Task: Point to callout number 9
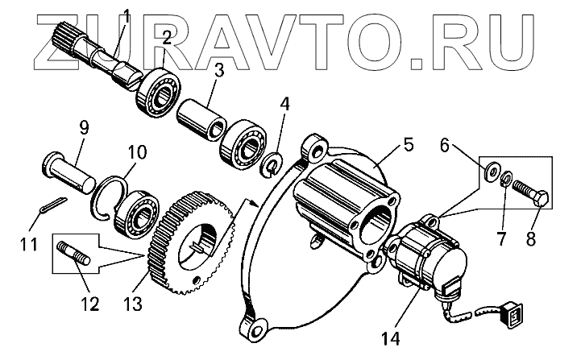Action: pyautogui.click(x=83, y=127)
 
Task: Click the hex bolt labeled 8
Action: pyautogui.click(x=531, y=193)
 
